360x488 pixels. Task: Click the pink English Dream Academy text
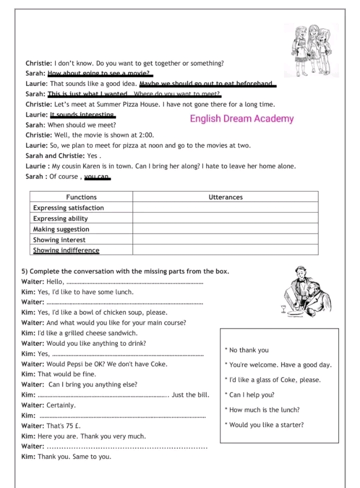(241, 119)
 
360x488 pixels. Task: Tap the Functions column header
(81, 197)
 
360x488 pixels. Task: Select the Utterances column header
(225, 197)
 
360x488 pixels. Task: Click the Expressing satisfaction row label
(68, 208)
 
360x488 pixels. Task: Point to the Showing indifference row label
(66, 250)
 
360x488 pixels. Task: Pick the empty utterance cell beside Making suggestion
(225, 229)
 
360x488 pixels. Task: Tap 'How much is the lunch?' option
(263, 410)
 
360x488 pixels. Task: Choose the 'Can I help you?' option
(250, 395)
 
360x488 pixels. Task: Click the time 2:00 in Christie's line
(146, 135)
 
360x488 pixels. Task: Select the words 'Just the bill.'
(190, 395)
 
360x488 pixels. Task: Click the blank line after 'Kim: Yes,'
(127, 354)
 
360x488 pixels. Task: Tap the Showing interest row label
(59, 240)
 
